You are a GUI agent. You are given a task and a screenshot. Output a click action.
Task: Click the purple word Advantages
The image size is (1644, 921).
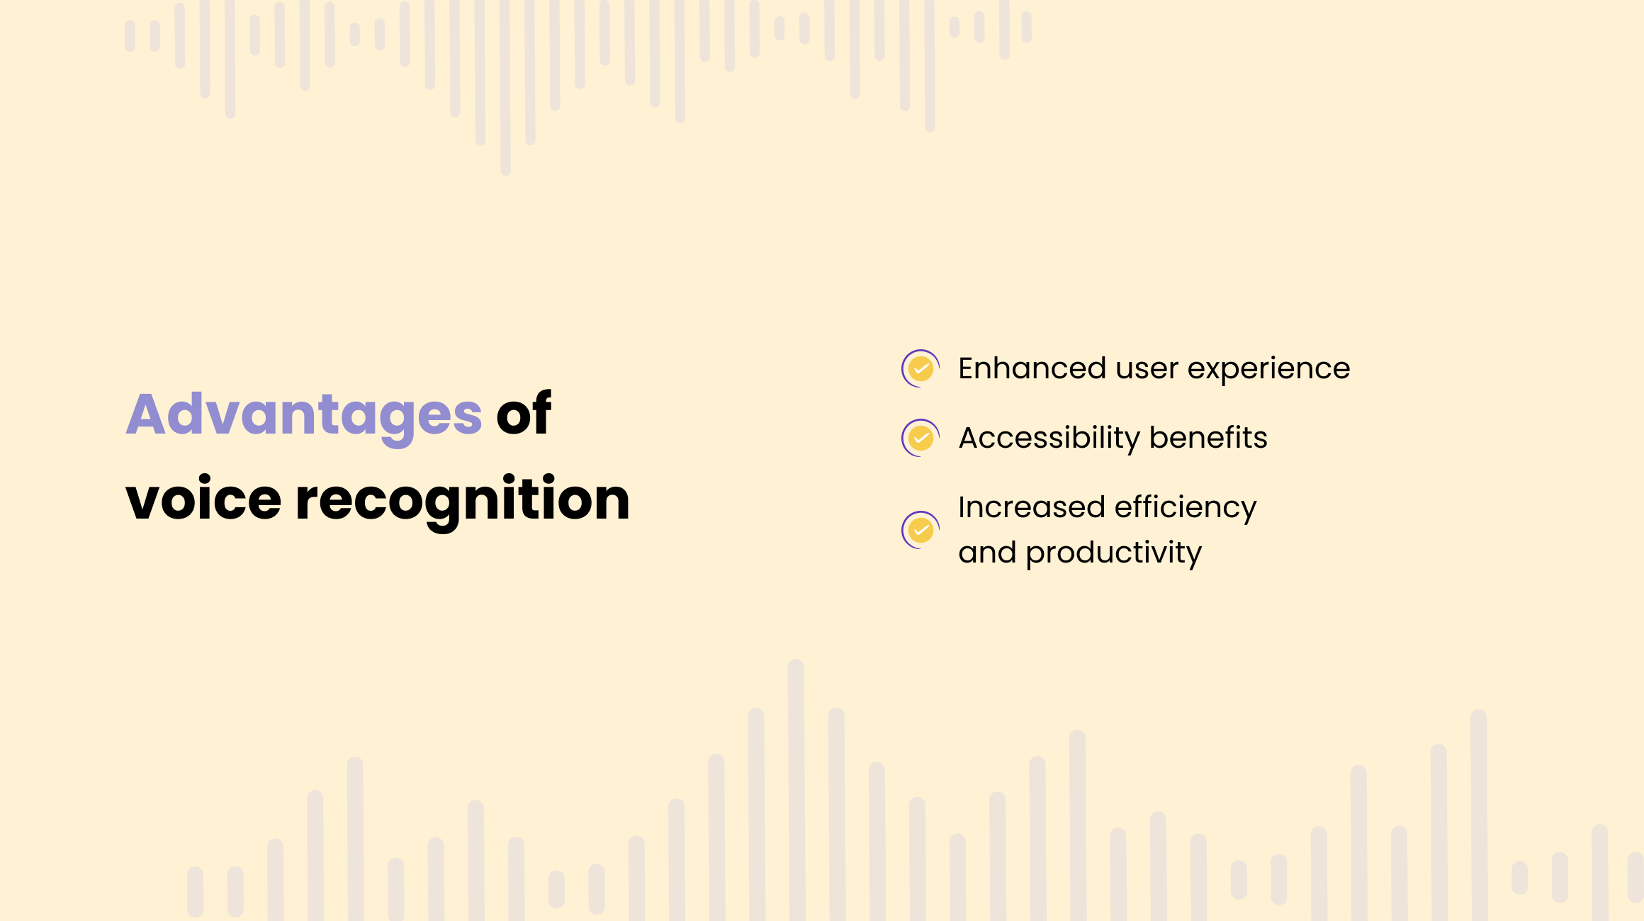[304, 417]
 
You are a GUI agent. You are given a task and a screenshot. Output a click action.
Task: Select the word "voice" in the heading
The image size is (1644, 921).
[203, 498]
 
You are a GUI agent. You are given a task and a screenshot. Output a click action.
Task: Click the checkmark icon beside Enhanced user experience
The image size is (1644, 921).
[920, 368]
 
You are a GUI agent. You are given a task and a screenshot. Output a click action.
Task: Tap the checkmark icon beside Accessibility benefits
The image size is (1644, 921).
[920, 438]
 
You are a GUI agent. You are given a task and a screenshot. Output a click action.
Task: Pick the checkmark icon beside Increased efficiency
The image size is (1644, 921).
[920, 530]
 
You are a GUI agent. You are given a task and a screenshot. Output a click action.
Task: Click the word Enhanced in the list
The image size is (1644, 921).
[1032, 368]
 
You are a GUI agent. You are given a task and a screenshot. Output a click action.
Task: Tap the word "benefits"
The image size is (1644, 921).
[1208, 438]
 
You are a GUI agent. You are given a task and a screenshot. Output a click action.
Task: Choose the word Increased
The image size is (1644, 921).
[1031, 507]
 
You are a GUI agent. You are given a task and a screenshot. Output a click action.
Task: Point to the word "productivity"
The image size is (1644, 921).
[1113, 554]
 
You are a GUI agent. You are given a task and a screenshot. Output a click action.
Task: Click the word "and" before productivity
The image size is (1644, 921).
[987, 553]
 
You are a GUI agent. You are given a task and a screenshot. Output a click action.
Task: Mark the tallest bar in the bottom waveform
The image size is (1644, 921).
[796, 790]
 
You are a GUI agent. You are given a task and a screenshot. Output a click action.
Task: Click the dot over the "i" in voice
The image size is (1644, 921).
[205, 480]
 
